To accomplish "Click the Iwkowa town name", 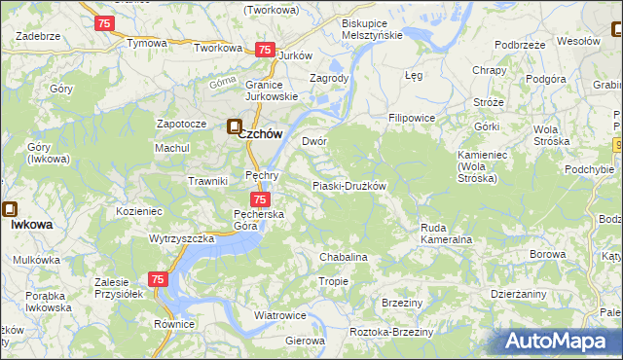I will pyautogui.click(x=32, y=224).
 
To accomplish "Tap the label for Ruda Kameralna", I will pyautogui.click(x=447, y=233).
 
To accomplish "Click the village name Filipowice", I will pyautogui.click(x=411, y=118).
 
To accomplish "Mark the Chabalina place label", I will pyautogui.click(x=344, y=257).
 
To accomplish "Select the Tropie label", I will pyautogui.click(x=333, y=281).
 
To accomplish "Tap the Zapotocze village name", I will pyautogui.click(x=182, y=125).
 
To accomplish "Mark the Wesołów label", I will pyautogui.click(x=577, y=41).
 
